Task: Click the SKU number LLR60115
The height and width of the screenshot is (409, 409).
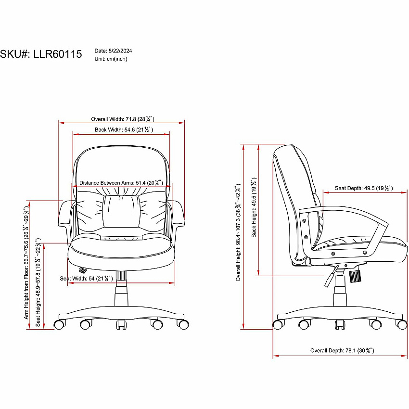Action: click(x=58, y=54)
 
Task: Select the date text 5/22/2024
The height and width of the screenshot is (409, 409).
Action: click(x=120, y=51)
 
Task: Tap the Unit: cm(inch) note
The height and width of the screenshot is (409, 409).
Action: click(x=111, y=59)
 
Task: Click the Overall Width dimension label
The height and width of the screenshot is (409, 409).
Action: click(x=123, y=119)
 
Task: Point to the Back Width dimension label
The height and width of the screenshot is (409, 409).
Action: click(x=124, y=129)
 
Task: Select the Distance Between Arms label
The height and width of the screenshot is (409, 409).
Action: click(x=121, y=182)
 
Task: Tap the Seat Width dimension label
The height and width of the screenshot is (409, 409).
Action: click(x=86, y=278)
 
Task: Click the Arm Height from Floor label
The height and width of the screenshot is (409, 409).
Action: click(x=26, y=262)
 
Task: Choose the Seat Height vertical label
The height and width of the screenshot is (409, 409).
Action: click(x=38, y=282)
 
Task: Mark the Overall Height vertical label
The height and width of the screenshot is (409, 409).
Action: click(x=238, y=232)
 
